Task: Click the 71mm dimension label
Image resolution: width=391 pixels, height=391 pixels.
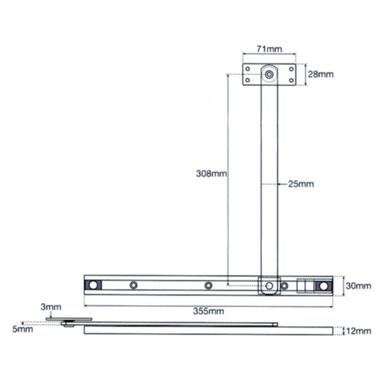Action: coord(268,50)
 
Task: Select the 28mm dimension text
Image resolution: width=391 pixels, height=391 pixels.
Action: coord(321,75)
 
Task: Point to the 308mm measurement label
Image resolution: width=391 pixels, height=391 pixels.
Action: coord(210,173)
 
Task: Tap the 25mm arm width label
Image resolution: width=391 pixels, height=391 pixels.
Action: coord(300,184)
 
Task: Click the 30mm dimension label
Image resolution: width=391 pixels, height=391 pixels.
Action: coord(358,285)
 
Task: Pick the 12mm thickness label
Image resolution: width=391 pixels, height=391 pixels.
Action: coord(358,331)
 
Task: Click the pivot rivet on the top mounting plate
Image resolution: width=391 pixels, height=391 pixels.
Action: coord(269,75)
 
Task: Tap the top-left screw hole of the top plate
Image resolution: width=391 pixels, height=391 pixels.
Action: coord(248,68)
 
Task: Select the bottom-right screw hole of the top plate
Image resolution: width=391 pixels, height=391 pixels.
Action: coord(290,81)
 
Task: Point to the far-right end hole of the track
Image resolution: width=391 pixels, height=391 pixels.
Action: coord(323,285)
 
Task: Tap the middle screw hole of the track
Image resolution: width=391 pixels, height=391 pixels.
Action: coord(209,285)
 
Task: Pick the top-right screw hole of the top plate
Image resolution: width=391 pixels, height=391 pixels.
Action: coord(290,68)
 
